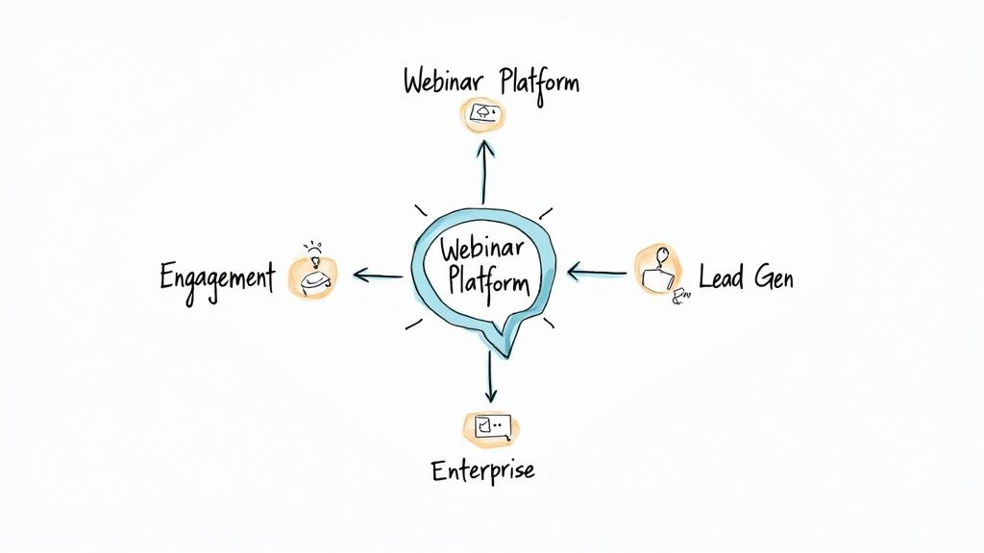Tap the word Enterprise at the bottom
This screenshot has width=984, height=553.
[482, 470]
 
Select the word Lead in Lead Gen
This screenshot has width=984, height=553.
[721, 278]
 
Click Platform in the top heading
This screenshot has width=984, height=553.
[540, 82]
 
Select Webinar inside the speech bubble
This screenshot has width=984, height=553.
[482, 249]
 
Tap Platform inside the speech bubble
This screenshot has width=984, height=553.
[486, 282]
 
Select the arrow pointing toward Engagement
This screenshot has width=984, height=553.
[377, 276]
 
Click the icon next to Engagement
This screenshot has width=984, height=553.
[313, 277]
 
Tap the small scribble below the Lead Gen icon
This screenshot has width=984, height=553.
[683, 296]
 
